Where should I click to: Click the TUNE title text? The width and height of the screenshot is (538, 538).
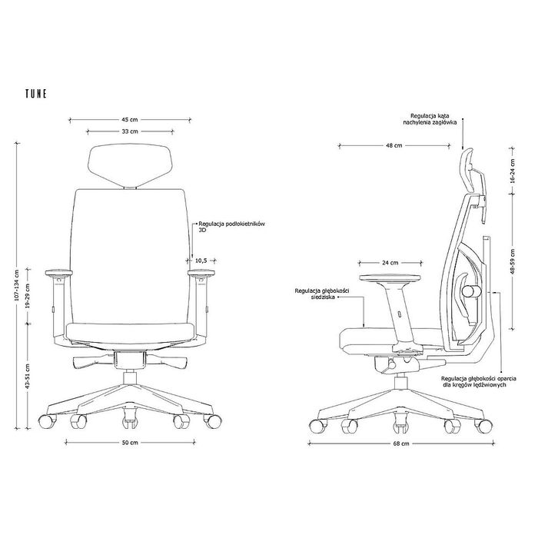tap(36, 94)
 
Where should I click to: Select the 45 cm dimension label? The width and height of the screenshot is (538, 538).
tap(130, 120)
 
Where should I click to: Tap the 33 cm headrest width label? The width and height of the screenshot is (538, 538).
tap(130, 131)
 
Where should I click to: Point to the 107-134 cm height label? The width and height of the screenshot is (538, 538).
tap(16, 285)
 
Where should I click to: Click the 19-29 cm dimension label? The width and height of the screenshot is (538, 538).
tap(28, 296)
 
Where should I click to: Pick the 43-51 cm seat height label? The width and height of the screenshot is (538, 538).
tap(28, 377)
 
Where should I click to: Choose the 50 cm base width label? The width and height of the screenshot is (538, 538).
tap(130, 443)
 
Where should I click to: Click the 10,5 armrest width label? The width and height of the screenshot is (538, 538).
tap(201, 261)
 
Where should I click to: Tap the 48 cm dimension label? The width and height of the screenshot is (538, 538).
tap(394, 145)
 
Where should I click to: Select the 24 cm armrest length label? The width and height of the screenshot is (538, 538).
tap(390, 263)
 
